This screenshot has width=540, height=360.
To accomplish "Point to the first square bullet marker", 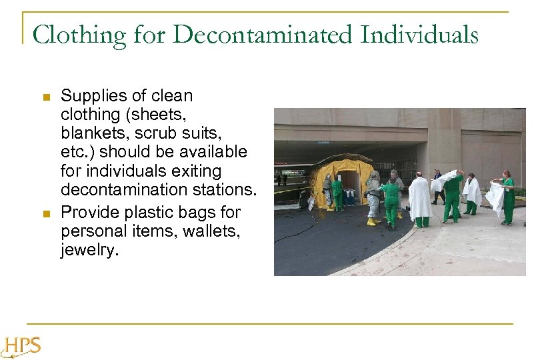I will pyautogui.click(x=46, y=97).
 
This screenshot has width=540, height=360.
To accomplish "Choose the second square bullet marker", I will pyautogui.click(x=46, y=214).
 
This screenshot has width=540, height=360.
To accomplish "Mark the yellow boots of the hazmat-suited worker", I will pyautogui.click(x=371, y=222).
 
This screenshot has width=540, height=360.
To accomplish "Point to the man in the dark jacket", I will pyautogui.click(x=437, y=187).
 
